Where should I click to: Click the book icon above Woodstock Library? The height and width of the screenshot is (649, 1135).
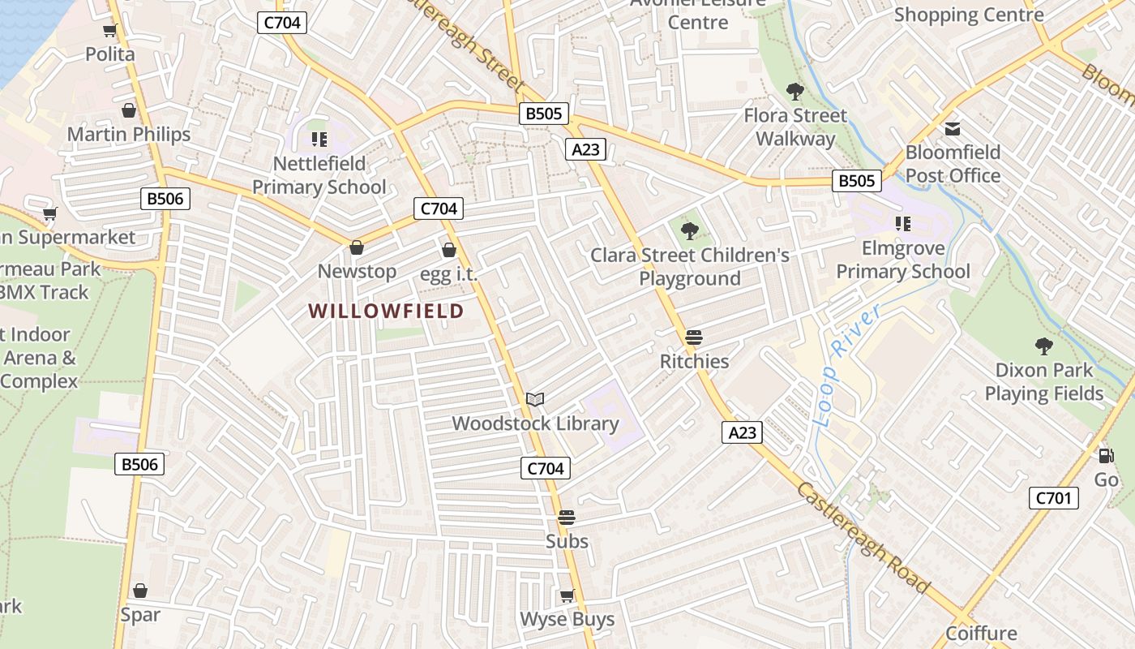point(535,399)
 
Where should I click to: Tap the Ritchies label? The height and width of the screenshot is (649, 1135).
point(694,361)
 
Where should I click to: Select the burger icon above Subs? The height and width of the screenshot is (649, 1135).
point(567,518)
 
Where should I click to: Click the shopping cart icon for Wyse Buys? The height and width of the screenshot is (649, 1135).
point(567,596)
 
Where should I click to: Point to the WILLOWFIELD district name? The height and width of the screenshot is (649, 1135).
point(386,311)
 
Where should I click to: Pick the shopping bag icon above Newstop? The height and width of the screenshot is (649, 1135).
point(357,247)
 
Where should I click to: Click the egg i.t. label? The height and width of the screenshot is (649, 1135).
point(448,274)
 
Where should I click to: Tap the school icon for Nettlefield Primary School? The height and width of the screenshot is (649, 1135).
point(319,140)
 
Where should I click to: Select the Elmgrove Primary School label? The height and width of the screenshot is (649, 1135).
point(902,260)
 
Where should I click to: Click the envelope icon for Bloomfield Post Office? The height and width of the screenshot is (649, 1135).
point(953,129)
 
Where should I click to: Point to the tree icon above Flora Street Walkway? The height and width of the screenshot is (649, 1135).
point(794,92)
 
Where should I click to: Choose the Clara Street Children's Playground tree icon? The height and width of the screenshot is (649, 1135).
point(690,231)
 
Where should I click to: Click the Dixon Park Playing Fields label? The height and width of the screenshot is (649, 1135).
point(1044,382)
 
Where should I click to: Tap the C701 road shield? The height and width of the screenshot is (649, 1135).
point(1054,497)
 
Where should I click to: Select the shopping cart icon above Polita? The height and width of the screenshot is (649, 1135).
point(110,31)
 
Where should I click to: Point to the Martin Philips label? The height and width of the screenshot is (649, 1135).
point(129,134)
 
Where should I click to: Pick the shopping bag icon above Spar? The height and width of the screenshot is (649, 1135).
point(140,591)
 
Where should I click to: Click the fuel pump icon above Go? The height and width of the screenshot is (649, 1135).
point(1106,456)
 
